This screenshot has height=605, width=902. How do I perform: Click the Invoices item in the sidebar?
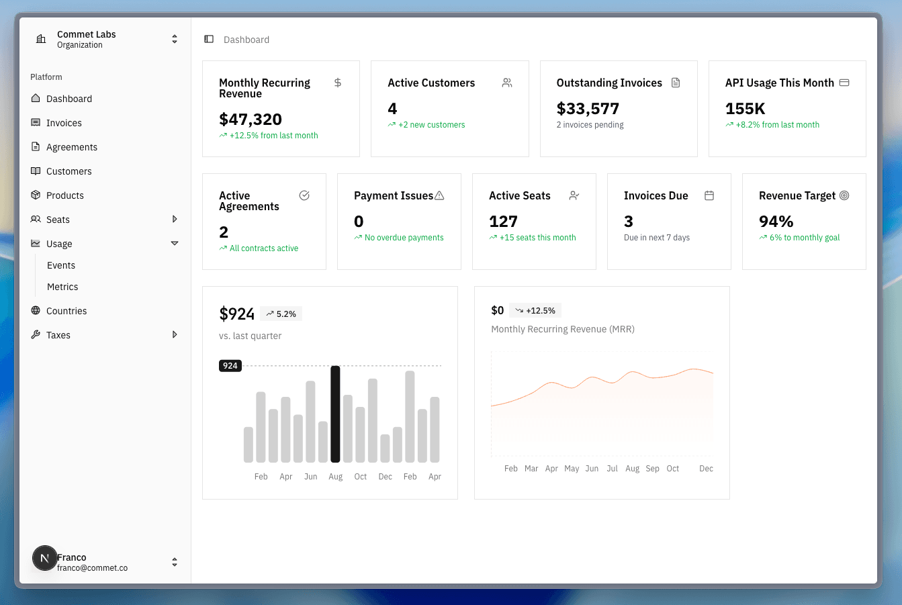[64, 123]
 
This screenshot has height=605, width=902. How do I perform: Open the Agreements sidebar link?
[71, 147]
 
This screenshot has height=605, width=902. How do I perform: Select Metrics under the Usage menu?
[62, 287]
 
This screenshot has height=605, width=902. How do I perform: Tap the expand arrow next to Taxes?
[175, 334]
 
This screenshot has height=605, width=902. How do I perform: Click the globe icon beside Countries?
[36, 311]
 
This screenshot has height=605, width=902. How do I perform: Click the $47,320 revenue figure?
[251, 120]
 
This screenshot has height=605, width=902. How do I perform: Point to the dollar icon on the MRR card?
[338, 83]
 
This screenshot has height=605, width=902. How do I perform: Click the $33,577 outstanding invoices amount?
[588, 109]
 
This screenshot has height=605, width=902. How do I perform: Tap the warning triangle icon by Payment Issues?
[439, 195]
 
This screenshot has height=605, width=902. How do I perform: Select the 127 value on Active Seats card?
[503, 222]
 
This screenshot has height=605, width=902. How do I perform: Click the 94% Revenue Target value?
[776, 222]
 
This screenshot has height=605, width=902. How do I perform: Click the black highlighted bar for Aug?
[335, 414]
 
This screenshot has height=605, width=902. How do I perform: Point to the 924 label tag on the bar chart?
[230, 366]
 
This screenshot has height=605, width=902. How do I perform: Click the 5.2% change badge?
[281, 314]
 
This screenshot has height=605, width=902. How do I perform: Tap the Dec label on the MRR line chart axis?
[706, 469]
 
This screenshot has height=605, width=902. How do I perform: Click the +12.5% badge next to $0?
[535, 310]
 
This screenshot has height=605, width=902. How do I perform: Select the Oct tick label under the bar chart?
[361, 477]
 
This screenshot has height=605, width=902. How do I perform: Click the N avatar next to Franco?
[45, 558]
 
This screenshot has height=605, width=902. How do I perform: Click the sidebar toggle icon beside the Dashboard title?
[209, 40]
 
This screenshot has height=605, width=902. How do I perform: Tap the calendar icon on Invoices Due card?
[709, 195]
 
